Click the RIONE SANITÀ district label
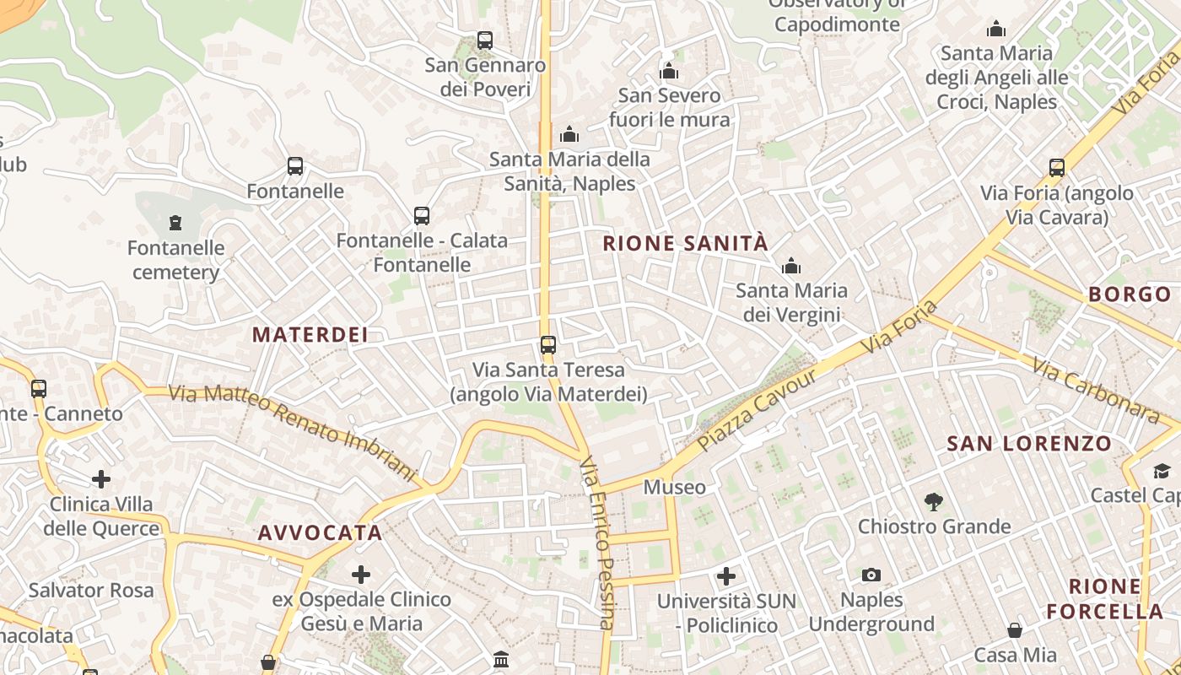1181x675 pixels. (685, 244)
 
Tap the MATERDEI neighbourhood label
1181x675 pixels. (310, 335)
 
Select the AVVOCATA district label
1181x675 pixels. (321, 533)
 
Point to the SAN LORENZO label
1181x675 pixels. (1029, 444)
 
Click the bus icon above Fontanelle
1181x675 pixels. (295, 166)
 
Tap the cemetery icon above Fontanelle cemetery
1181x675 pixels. (175, 223)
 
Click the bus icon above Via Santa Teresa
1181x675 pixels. (548, 344)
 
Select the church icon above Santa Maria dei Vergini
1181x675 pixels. (791, 267)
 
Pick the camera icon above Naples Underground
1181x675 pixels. (871, 575)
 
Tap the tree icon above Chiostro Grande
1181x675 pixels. (933, 502)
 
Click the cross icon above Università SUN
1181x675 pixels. (726, 576)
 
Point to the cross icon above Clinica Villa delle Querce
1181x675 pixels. (101, 479)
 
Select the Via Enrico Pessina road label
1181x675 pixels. (597, 544)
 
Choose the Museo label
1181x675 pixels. (675, 488)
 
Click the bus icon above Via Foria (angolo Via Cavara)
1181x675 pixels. (1057, 167)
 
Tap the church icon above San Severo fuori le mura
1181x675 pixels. (670, 71)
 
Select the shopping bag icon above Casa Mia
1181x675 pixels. (1015, 630)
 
